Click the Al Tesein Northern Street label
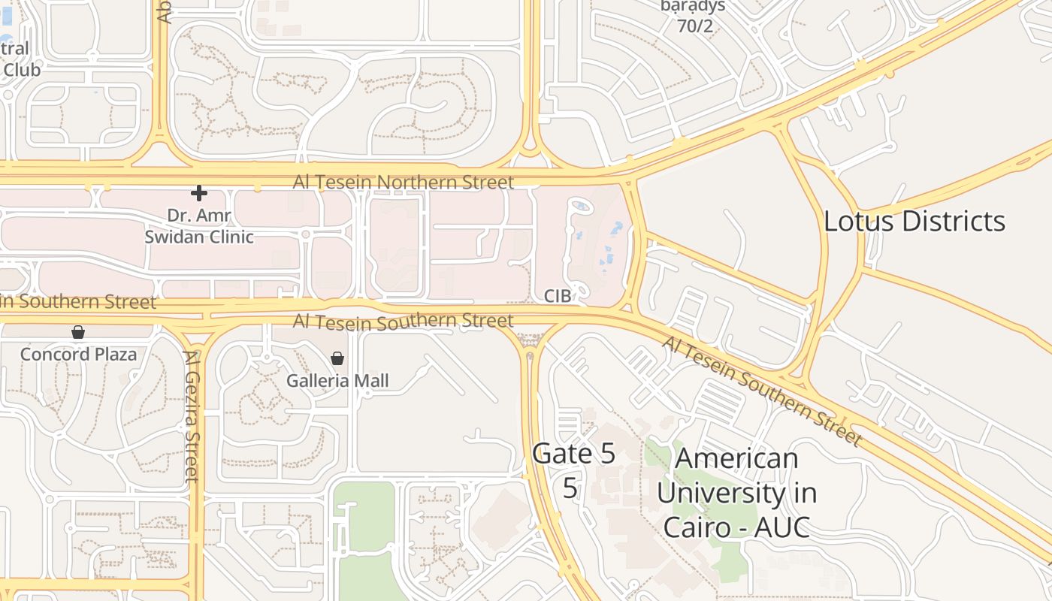tap(404, 183)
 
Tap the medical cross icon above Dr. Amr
tap(199, 194)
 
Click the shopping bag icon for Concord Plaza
tap(78, 332)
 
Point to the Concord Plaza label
tap(79, 354)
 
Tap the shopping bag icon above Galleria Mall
tap(337, 359)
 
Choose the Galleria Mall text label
tap(337, 381)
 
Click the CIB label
tap(558, 297)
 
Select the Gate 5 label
tap(573, 453)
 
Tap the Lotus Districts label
tap(914, 221)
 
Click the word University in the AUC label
tap(736, 493)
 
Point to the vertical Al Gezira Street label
tap(193, 417)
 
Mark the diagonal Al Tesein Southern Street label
tap(761, 390)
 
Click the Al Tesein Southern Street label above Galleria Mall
tap(404, 322)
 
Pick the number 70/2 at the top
tap(694, 27)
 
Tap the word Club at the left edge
tap(22, 68)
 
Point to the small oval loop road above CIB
tap(578, 206)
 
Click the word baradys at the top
tap(693, 7)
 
